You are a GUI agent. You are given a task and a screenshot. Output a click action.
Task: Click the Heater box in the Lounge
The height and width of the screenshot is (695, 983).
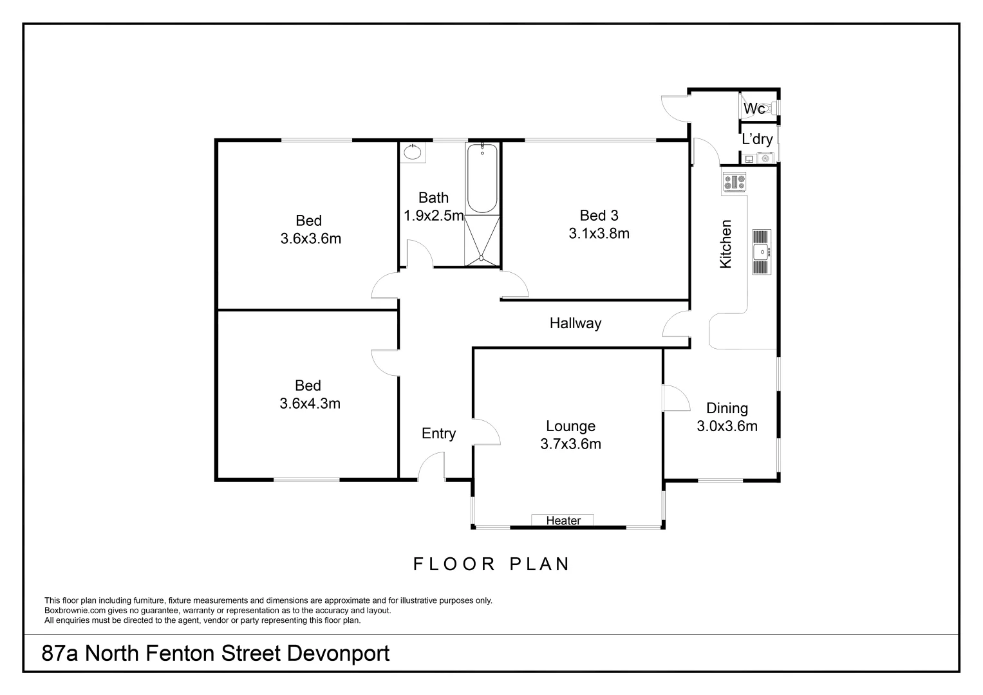coord(563,520)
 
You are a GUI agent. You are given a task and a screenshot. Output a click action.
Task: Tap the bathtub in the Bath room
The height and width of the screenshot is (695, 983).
coord(482,178)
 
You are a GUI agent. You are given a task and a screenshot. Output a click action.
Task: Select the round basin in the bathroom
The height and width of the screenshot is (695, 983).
coord(413,153)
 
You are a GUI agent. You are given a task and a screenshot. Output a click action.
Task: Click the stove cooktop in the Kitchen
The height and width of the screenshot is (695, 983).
coord(735,182)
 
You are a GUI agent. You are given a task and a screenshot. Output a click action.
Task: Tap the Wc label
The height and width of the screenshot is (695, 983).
coord(754,109)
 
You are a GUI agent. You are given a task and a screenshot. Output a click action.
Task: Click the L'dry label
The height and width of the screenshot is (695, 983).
coord(757,139)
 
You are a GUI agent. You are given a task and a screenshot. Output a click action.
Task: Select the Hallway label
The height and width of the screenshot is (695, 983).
coord(575,323)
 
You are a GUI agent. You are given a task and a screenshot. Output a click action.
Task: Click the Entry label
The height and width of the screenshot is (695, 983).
coord(438,433)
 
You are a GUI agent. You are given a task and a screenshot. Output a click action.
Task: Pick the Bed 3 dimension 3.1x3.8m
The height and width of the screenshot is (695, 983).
coord(599,234)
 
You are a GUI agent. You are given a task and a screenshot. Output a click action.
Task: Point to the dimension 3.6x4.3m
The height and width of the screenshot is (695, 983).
coord(310,403)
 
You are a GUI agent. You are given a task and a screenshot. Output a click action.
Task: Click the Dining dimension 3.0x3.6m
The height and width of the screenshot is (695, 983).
coord(727,425)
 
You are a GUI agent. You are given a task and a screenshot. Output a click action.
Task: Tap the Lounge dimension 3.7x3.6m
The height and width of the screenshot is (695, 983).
coord(570,443)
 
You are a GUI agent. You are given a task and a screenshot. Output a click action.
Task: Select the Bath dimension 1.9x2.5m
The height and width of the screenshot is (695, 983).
coord(433,216)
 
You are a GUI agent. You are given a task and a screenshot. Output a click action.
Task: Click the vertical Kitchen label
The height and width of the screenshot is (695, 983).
coord(726,244)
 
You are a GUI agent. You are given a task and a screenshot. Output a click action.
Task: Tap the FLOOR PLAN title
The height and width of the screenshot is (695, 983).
coord(491,564)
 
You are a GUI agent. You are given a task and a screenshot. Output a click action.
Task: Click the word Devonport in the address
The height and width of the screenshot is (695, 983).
coord(338,654)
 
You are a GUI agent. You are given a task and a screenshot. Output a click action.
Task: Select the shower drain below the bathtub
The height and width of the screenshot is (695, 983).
coord(482,259)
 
